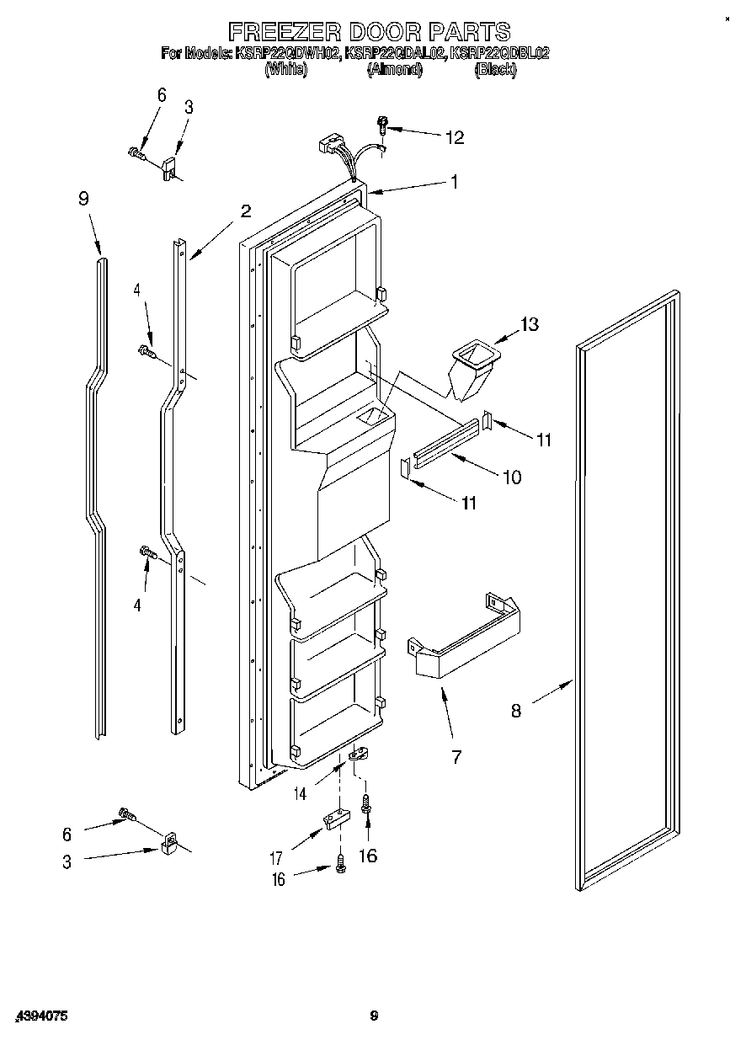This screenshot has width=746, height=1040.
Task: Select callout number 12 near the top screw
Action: pos(454,137)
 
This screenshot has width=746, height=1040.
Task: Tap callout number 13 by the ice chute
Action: pos(529,324)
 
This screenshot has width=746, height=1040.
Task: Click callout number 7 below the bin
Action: pos(456,756)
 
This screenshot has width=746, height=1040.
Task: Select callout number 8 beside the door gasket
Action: pos(515,710)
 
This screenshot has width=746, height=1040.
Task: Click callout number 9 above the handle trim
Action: pos(83,199)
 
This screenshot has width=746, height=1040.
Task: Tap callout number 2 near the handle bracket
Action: pos(245,211)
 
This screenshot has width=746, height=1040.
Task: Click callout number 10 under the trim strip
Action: pos(511,477)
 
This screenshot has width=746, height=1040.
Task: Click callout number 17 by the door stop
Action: pos(275,859)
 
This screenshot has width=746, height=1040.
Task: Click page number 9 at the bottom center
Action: pos(373,1016)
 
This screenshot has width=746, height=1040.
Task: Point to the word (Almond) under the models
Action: pos(394,71)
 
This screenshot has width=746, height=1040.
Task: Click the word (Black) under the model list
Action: pos(495,71)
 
